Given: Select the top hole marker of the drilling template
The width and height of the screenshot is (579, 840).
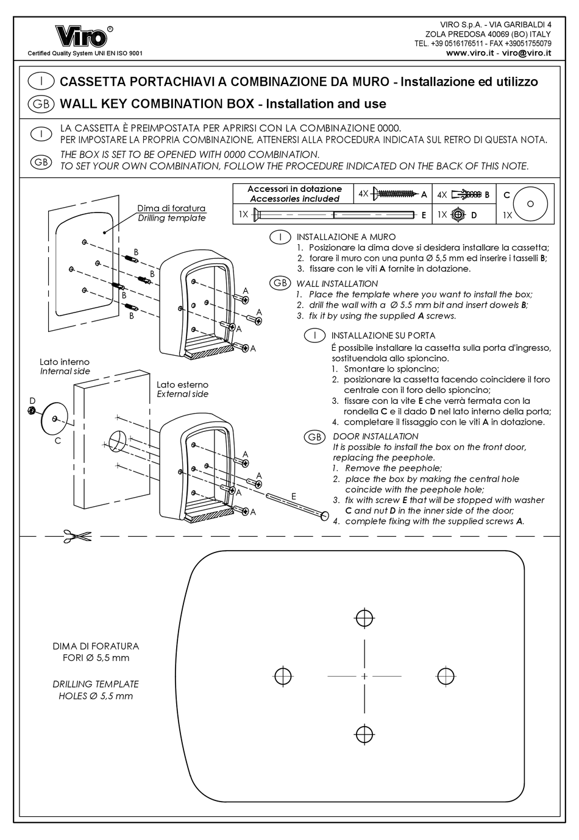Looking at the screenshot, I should (364, 618).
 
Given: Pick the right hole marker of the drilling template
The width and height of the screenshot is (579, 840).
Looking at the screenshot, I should (446, 676).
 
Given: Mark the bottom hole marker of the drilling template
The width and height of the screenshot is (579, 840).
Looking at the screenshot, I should (364, 733).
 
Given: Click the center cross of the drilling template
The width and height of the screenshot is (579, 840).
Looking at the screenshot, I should (364, 676).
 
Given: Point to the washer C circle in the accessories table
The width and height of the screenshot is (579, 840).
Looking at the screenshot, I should (530, 203).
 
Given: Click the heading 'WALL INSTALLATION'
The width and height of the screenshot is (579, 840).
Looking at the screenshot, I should (337, 283).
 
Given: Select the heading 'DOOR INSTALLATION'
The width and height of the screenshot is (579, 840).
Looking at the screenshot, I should (375, 436).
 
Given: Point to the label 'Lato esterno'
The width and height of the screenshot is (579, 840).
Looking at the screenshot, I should (182, 384).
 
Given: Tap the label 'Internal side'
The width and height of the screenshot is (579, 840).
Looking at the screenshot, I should (65, 371).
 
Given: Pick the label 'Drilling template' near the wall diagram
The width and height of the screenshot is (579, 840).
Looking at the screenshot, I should (171, 218).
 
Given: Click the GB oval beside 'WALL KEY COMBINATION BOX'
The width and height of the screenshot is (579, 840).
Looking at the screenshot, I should (41, 104).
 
